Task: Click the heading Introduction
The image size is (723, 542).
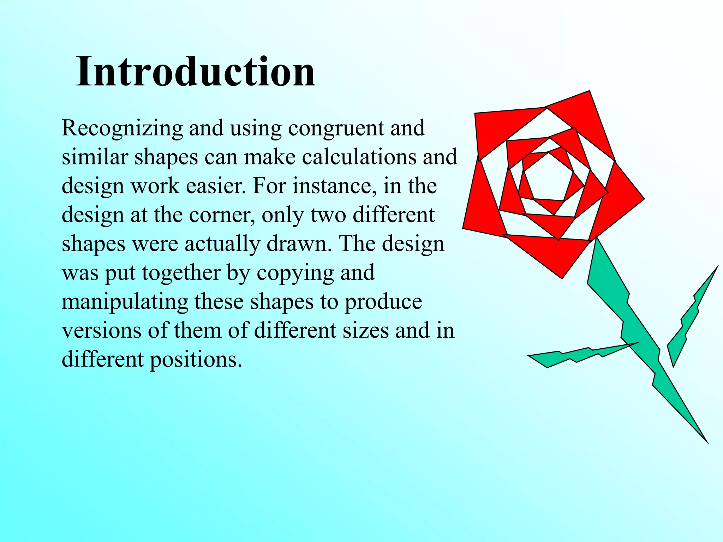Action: pos(196,72)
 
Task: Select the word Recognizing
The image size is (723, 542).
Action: pos(122,128)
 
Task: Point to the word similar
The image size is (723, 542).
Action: pos(95,157)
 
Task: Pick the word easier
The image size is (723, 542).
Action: pos(215,186)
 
